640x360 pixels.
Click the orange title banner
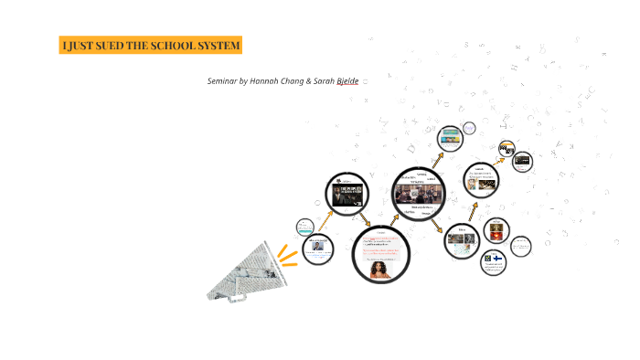click(x=150, y=46)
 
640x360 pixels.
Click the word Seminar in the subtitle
click(x=221, y=81)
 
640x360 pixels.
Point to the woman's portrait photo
click(x=380, y=267)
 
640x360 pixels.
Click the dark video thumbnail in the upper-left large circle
click(x=347, y=195)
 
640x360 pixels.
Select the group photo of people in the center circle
click(x=419, y=195)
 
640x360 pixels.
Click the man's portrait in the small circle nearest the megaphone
click(x=317, y=246)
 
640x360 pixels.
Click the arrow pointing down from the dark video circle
click(x=366, y=221)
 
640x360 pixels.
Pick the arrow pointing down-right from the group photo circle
click(x=437, y=224)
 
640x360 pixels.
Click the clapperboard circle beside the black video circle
click(x=507, y=147)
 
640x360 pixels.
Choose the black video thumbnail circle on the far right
click(x=522, y=162)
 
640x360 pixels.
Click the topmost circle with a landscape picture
click(x=450, y=138)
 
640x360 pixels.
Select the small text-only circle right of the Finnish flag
click(x=520, y=246)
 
